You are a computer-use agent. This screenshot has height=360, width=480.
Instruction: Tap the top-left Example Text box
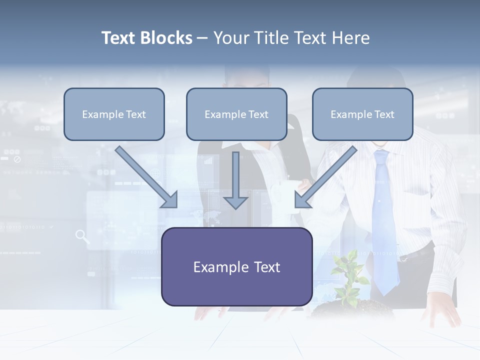pos(114,114)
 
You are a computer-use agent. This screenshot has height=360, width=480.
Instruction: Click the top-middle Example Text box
pos(236,114)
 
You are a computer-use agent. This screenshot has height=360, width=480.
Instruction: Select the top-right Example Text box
pos(362,114)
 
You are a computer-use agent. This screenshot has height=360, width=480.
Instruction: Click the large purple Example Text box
pos(236,267)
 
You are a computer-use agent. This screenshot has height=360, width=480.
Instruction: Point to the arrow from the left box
pos(148,178)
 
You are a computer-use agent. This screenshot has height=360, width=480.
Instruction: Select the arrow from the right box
pos(325,178)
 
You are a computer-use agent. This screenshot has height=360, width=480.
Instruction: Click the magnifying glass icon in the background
pos(82,236)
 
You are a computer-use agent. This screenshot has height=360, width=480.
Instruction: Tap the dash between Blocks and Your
pos(202,38)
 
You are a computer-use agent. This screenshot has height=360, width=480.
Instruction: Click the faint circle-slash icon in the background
pos(17,159)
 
